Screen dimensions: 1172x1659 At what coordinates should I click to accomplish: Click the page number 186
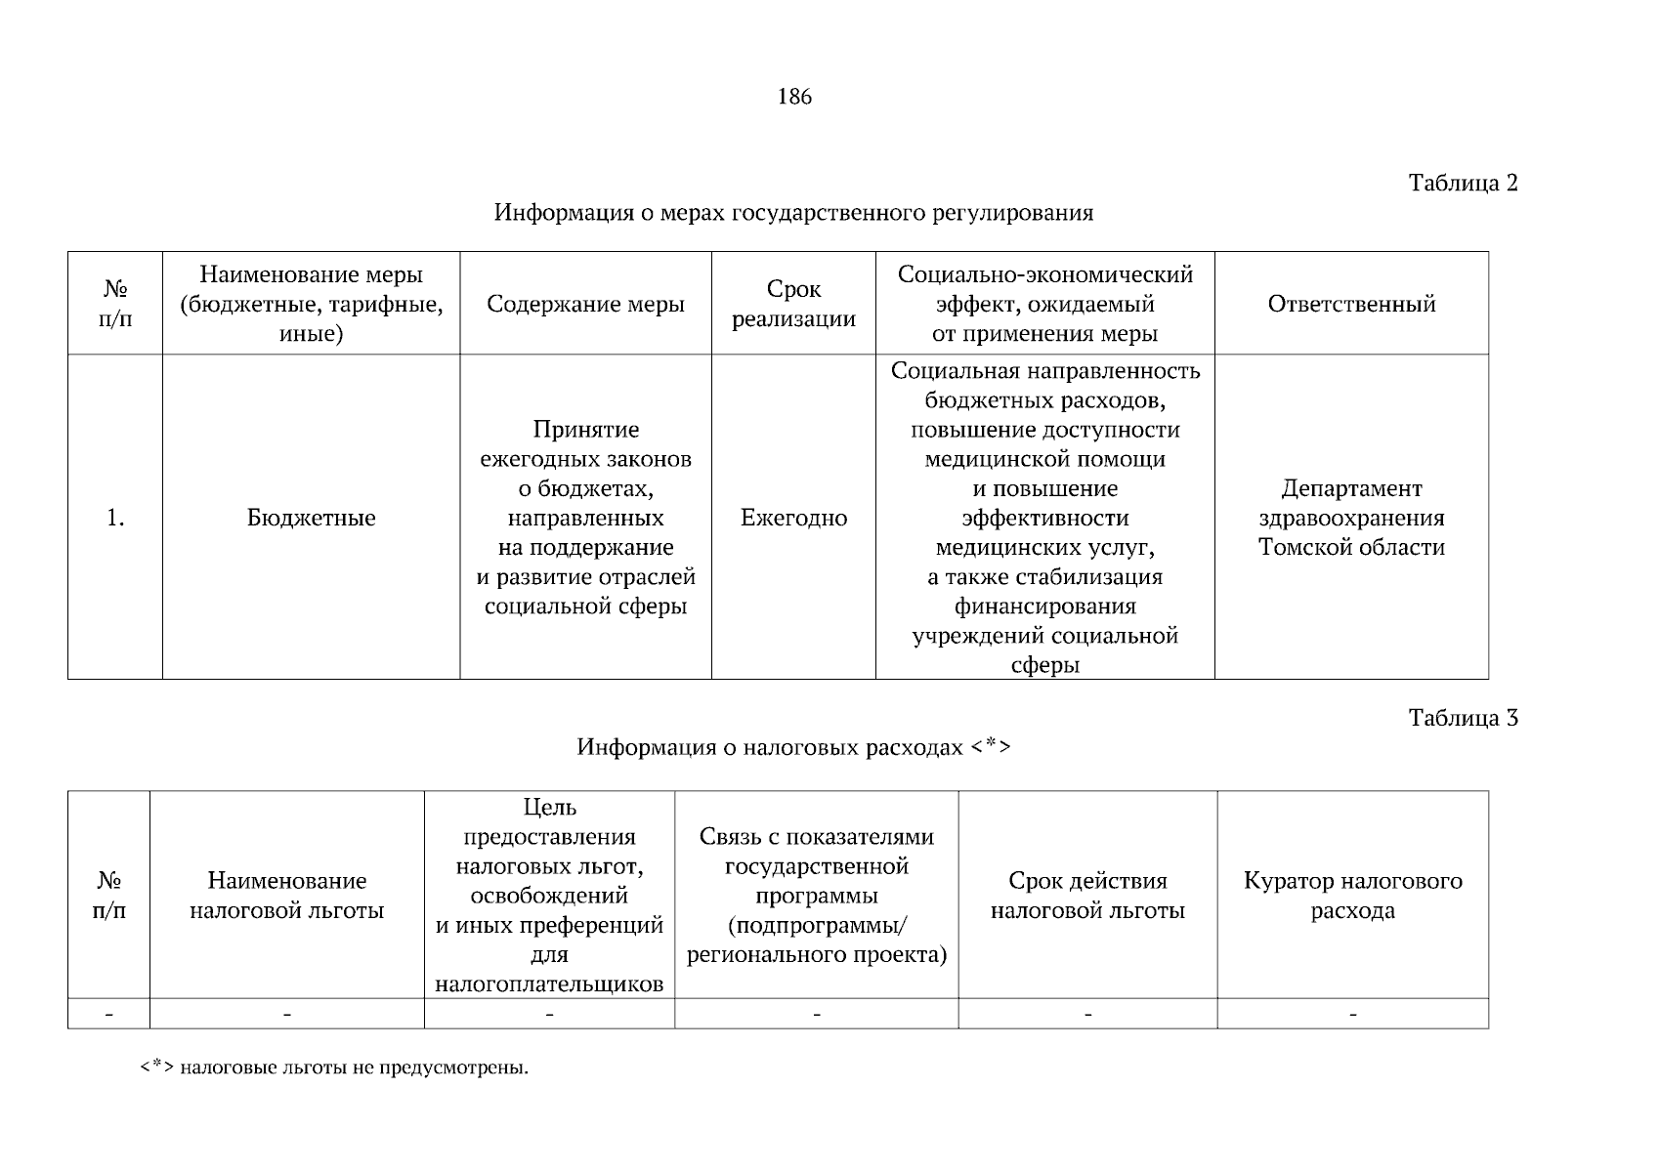[x=794, y=97]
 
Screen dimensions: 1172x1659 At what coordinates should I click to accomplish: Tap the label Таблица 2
[x=1463, y=183]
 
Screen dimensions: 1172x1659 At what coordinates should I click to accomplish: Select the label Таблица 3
[x=1463, y=718]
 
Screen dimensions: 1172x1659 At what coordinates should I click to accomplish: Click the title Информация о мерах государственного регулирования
[x=793, y=212]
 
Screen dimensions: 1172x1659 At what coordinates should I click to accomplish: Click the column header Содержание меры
[x=585, y=304]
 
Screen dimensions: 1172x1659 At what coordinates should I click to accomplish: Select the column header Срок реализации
[x=793, y=304]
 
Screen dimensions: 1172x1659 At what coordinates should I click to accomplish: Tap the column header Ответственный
[x=1351, y=304]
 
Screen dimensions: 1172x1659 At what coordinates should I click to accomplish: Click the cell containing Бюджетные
[x=311, y=518]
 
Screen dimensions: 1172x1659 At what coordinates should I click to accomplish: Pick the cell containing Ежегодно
[x=793, y=518]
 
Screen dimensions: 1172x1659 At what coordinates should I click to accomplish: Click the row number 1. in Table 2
[x=115, y=518]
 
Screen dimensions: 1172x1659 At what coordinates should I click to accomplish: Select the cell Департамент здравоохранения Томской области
[x=1351, y=518]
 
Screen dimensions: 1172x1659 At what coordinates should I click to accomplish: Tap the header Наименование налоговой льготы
[x=286, y=896]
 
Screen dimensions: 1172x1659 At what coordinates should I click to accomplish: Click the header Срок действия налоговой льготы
[x=1087, y=896]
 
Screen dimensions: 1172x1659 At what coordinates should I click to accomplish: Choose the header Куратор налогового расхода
[x=1352, y=896]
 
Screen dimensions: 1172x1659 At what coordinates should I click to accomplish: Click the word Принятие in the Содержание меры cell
[x=585, y=430]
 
